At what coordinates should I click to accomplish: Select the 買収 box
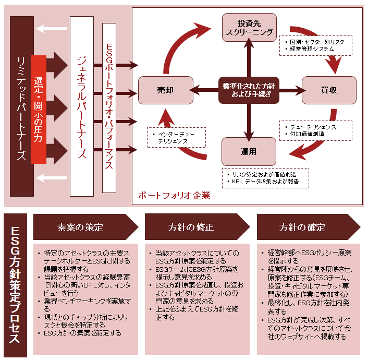(x=329, y=90)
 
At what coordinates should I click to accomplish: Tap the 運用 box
(x=249, y=152)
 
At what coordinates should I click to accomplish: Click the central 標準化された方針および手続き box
(x=249, y=90)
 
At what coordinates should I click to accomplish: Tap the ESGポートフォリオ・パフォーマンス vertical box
(x=109, y=107)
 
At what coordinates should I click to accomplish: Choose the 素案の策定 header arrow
(x=83, y=227)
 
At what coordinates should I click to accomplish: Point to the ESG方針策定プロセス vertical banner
(x=15, y=285)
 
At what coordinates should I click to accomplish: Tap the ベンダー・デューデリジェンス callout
(x=176, y=138)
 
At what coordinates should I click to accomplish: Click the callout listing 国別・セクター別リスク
(x=316, y=45)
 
